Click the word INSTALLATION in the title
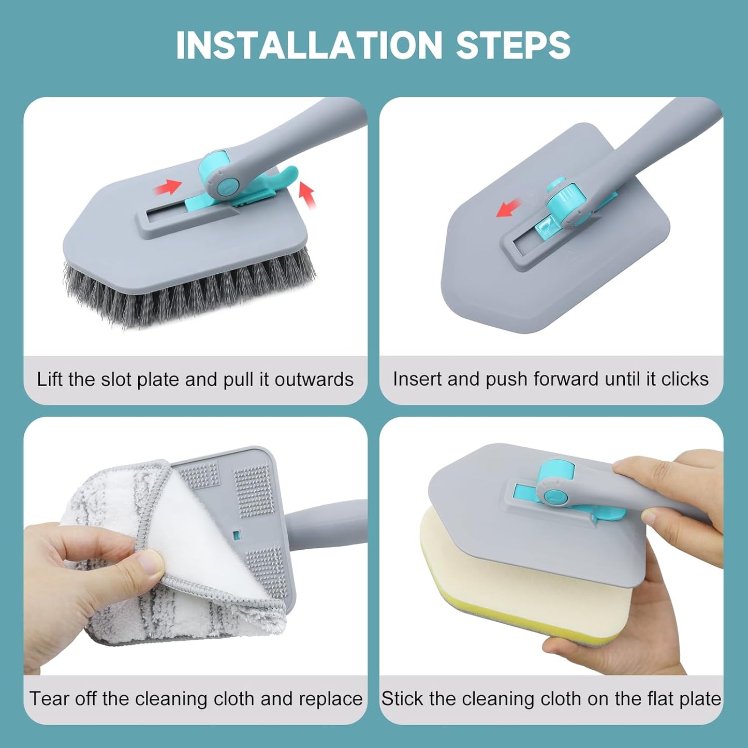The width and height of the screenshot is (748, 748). click(309, 46)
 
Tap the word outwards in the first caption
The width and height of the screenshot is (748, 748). click(314, 380)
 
